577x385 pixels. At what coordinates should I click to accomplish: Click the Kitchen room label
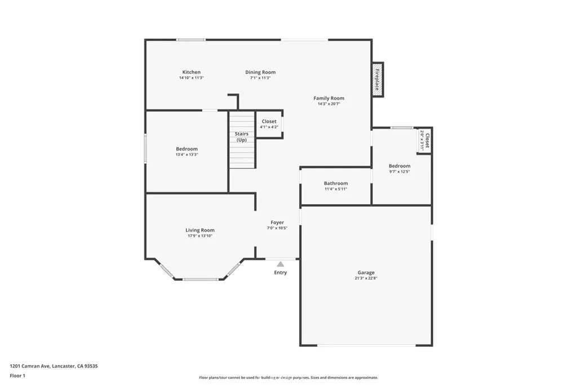coord(191,72)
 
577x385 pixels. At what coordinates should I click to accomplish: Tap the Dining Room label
coord(260,72)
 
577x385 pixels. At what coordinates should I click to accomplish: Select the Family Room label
coord(329,98)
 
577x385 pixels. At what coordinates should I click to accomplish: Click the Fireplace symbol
coord(378,79)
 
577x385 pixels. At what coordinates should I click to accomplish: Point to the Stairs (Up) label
coord(241,136)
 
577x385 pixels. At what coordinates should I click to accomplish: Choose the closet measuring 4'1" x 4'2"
coord(269,124)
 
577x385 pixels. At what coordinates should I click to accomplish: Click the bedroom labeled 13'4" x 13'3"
coord(187,151)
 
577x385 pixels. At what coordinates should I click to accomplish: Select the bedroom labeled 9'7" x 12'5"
coord(400,168)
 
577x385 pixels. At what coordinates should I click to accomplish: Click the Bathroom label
coord(336,183)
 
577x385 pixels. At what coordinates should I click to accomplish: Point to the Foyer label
coord(277,223)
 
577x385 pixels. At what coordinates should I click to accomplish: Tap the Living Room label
coord(200,230)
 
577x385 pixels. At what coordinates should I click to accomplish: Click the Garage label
coord(365,273)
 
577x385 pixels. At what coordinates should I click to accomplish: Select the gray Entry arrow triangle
coord(280,263)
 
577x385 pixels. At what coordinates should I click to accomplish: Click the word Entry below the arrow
coord(280,273)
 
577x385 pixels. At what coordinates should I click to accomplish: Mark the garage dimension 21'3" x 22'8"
coord(365,278)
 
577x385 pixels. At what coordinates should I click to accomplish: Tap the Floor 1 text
coord(17,375)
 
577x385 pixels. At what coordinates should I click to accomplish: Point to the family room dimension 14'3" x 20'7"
coord(329,104)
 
